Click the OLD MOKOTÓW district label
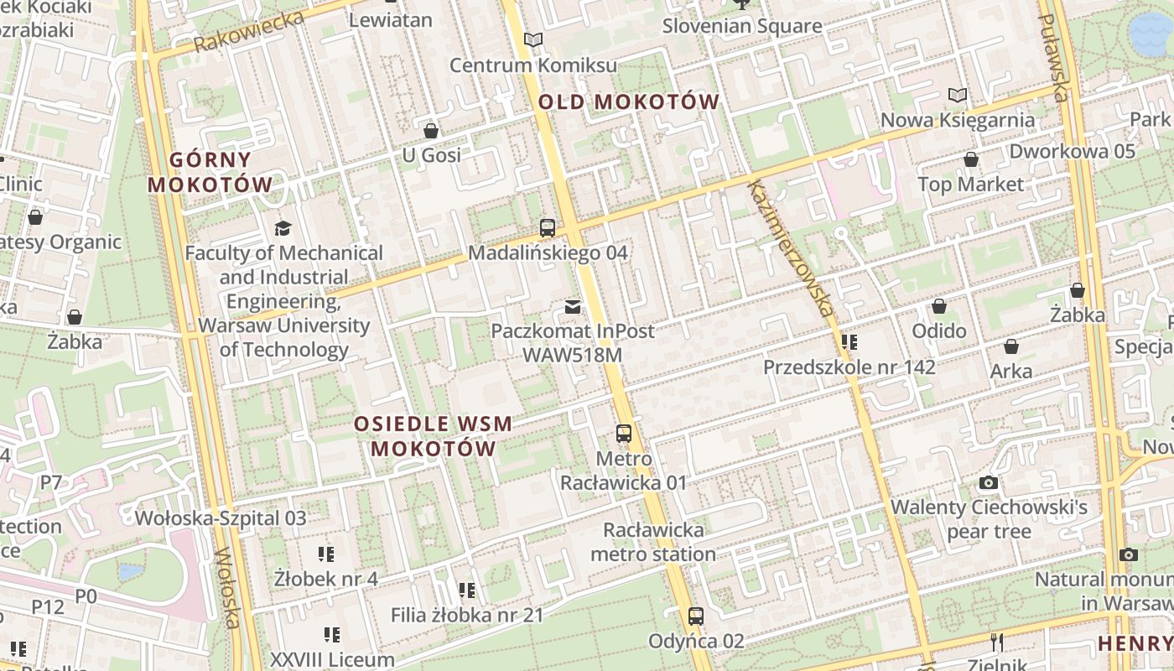point(628,102)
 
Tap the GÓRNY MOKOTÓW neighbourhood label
point(210,172)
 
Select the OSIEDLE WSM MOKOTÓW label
point(433,435)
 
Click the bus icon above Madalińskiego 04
point(548,227)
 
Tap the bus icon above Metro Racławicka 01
point(623,434)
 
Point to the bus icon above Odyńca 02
point(695,616)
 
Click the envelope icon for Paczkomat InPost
point(573,307)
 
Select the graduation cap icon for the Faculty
point(283,227)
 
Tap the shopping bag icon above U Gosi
point(431,131)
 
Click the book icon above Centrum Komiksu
point(532,39)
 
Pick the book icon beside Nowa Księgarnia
point(957,96)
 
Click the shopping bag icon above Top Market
point(970,159)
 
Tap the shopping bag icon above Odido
point(938,306)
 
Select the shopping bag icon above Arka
point(1010,346)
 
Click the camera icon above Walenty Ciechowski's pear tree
point(989,482)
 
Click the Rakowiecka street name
point(248,32)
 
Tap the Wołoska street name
point(228,588)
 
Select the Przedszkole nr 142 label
point(849,367)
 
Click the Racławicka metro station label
point(653,542)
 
